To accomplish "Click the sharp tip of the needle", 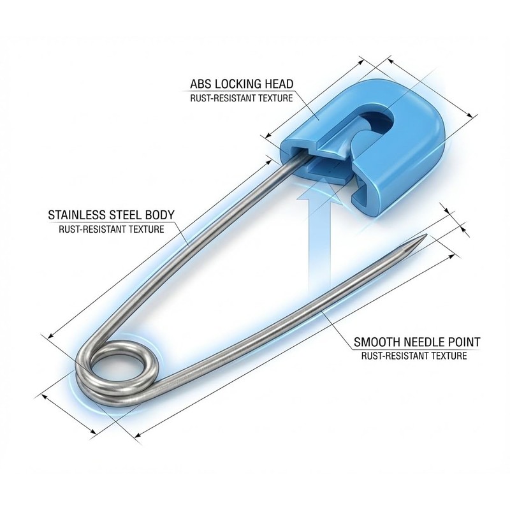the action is (426, 235).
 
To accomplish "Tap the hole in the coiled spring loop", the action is (117, 368).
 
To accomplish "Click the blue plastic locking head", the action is (368, 147).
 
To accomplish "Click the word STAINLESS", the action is (77, 215).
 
